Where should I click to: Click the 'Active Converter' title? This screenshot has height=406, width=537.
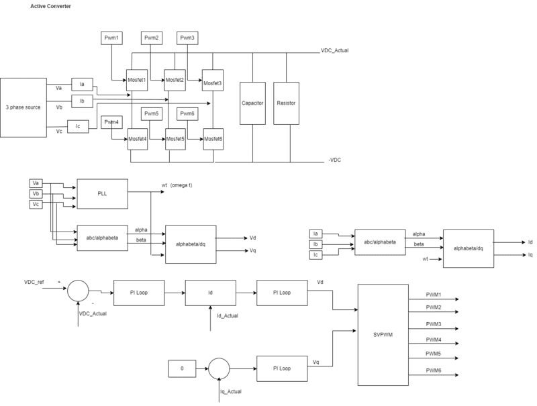pyautogui.click(x=51, y=6)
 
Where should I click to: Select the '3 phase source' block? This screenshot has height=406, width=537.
pyautogui.click(x=23, y=107)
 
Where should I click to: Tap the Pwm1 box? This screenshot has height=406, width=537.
pyautogui.click(x=111, y=38)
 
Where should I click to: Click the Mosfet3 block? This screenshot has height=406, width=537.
pyautogui.click(x=213, y=83)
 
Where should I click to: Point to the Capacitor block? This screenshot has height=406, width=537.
pyautogui.click(x=252, y=103)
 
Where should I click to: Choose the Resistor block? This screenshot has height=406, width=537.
pyautogui.click(x=286, y=103)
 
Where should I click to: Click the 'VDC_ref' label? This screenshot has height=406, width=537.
pyautogui.click(x=35, y=282)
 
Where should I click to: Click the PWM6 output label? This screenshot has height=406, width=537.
pyautogui.click(x=434, y=370)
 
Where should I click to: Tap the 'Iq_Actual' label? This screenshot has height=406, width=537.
pyautogui.click(x=230, y=391)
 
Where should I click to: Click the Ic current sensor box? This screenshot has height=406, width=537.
pyautogui.click(x=78, y=125)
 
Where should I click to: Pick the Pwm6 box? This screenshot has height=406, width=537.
pyautogui.click(x=187, y=113)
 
